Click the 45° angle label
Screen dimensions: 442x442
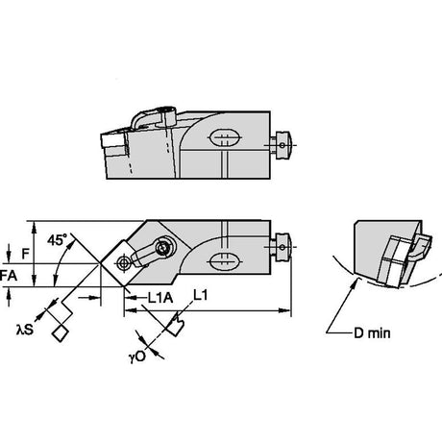point(57,239)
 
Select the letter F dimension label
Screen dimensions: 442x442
point(25,254)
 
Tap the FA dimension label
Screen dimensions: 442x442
point(9,276)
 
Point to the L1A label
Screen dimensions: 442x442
point(160,298)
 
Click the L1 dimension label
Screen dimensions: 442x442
point(201,295)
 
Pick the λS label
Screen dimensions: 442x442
point(25,329)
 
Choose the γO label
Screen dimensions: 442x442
point(137,356)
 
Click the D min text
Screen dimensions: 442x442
point(372,333)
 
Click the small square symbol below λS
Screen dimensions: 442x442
point(60,333)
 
